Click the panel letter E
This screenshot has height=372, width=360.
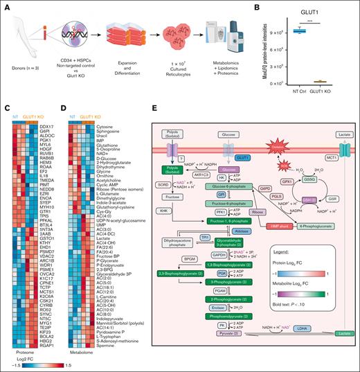pyautogui.click(x=153, y=109)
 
